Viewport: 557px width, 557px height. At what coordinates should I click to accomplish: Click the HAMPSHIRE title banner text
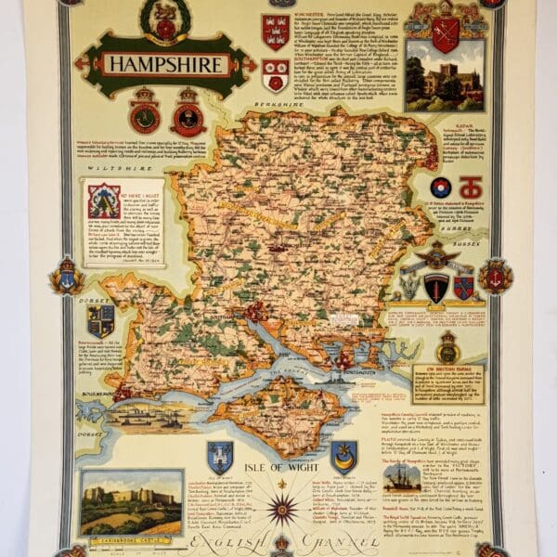164,64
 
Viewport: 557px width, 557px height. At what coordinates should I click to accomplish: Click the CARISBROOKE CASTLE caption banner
131,538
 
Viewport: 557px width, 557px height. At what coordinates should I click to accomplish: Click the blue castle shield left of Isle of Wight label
219,455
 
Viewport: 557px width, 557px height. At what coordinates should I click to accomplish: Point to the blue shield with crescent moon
343,455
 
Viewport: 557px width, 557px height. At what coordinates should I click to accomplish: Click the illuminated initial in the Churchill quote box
104,201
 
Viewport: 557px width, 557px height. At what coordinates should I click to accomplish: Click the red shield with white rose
275,75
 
